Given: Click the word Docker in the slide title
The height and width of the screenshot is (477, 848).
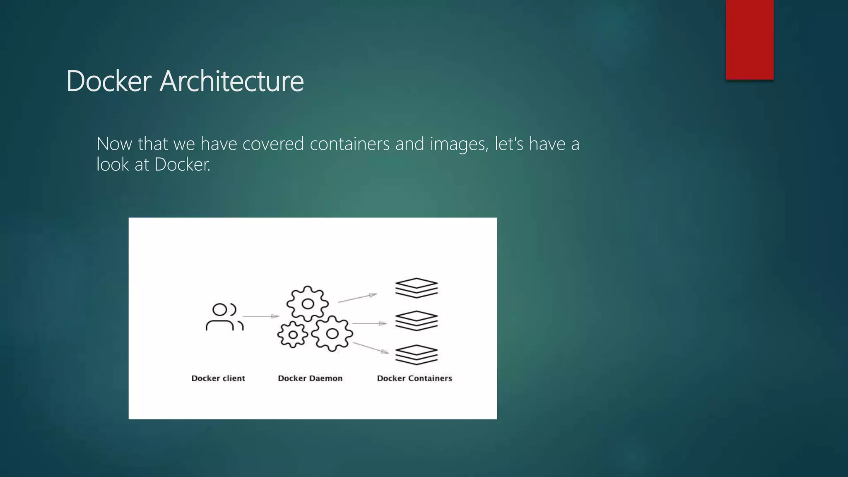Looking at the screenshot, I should click(108, 81).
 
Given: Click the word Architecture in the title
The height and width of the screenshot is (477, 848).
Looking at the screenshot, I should click(231, 81).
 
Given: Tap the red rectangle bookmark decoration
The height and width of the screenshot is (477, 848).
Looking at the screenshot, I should click(749, 39).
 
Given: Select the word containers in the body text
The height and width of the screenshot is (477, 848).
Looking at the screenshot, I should click(349, 144).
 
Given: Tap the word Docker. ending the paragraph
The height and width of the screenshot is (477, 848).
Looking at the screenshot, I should click(182, 165).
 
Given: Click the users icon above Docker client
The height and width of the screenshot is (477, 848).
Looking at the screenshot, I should click(224, 317).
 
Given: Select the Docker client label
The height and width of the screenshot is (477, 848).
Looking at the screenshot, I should click(218, 378).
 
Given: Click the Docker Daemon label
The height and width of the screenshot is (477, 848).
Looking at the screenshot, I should click(310, 378).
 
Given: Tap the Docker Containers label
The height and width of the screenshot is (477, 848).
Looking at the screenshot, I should click(414, 378).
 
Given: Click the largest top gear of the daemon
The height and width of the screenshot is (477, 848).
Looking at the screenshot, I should click(308, 304).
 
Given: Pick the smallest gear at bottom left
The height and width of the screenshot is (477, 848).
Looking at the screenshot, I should click(293, 335).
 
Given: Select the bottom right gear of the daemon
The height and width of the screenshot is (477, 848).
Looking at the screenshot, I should click(332, 333).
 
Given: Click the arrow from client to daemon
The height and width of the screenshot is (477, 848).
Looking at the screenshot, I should click(261, 316).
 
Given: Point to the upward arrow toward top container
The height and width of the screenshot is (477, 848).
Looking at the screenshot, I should click(357, 298).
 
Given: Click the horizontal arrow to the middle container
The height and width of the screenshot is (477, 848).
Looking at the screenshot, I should click(369, 323).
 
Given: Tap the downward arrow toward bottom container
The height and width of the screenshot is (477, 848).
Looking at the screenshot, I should click(371, 348).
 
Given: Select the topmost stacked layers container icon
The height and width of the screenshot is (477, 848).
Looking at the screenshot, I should click(416, 288).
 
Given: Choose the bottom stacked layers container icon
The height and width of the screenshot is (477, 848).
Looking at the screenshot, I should click(416, 355).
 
